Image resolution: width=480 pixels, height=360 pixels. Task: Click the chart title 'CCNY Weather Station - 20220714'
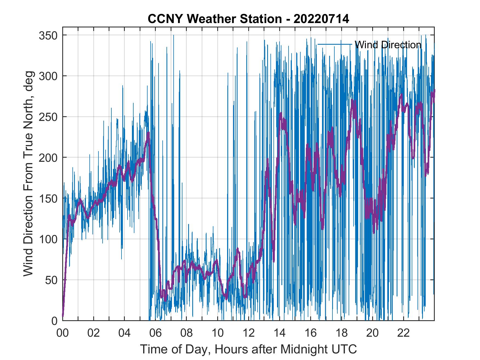click(x=248, y=19)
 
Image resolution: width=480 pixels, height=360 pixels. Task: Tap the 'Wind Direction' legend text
click(x=388, y=45)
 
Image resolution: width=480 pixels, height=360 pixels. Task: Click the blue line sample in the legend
click(x=335, y=44)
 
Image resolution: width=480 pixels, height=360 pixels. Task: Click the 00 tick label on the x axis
click(x=63, y=333)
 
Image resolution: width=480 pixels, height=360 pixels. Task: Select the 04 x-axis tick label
click(x=125, y=333)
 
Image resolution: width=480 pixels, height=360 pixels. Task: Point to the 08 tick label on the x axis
click(x=187, y=333)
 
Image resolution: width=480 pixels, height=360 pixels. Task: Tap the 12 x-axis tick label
click(x=249, y=333)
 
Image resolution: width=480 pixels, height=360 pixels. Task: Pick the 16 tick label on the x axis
click(x=310, y=333)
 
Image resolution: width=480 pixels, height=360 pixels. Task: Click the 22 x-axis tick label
click(x=403, y=333)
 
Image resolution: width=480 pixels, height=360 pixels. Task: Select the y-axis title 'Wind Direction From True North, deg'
click(x=28, y=174)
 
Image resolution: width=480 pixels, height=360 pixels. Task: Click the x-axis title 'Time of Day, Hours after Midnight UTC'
click(x=249, y=349)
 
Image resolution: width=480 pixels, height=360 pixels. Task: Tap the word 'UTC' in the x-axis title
click(x=344, y=349)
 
